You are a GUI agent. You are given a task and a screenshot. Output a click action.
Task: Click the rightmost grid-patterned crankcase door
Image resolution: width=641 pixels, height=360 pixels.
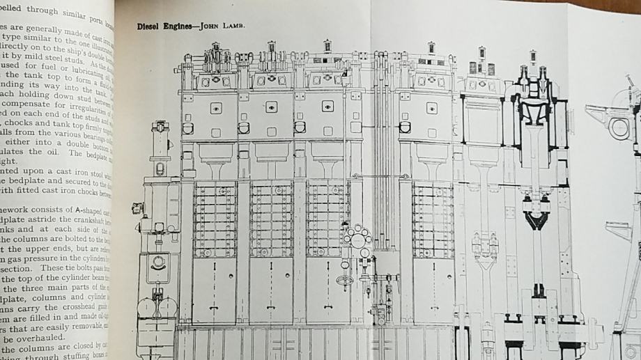[x=433, y=219]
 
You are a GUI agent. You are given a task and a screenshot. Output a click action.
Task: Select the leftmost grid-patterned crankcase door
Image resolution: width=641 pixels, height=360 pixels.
[x=215, y=219]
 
